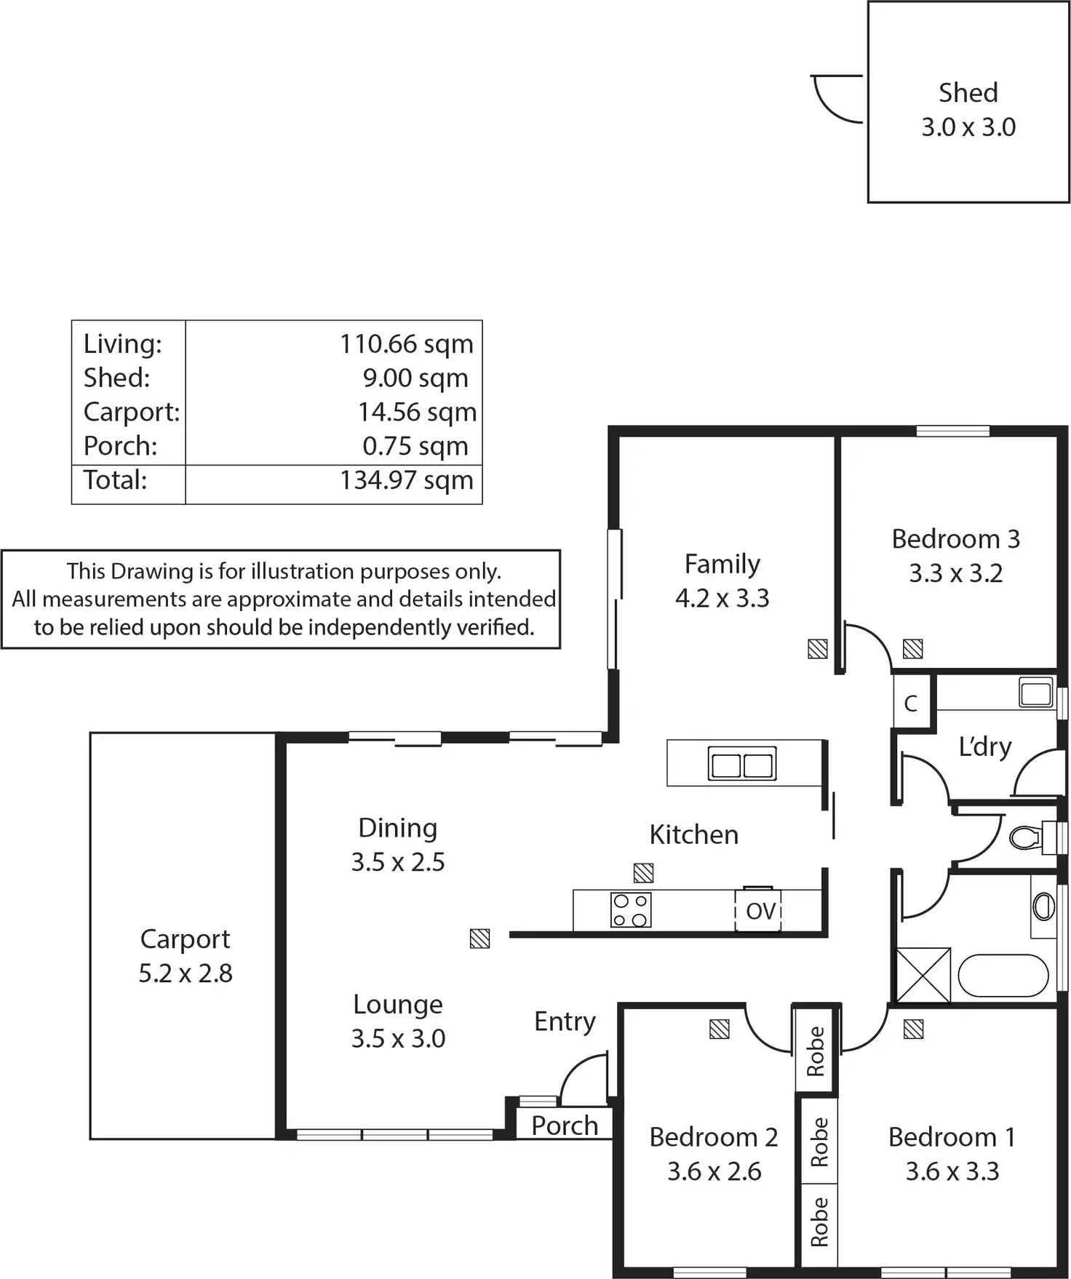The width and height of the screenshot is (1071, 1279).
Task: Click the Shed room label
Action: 968,93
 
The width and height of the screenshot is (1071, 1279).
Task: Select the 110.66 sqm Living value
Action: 406,344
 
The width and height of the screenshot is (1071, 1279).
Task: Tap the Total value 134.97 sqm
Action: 406,481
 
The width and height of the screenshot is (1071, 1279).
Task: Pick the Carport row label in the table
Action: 131,413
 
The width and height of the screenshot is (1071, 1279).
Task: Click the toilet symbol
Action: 1026,837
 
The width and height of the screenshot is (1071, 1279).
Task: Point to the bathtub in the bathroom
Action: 1003,976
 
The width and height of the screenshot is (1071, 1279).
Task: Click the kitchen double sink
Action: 741,764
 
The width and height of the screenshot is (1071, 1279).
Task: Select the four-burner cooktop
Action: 630,910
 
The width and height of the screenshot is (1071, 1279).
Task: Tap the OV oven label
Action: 760,911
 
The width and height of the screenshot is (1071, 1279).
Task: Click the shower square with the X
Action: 923,975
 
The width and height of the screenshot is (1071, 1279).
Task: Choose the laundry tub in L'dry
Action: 1035,692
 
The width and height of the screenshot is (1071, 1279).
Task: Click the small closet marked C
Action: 910,704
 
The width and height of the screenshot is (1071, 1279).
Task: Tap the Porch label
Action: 565,1125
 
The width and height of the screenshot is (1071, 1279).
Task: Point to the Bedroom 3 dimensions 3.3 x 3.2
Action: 955,574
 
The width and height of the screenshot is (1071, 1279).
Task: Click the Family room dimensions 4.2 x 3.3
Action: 722,599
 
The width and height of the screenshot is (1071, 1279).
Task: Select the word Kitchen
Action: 693,835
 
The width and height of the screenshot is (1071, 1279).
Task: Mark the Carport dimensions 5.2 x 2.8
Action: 186,973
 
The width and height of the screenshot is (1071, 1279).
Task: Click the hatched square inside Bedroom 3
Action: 912,648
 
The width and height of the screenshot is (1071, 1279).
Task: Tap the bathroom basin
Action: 1044,907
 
